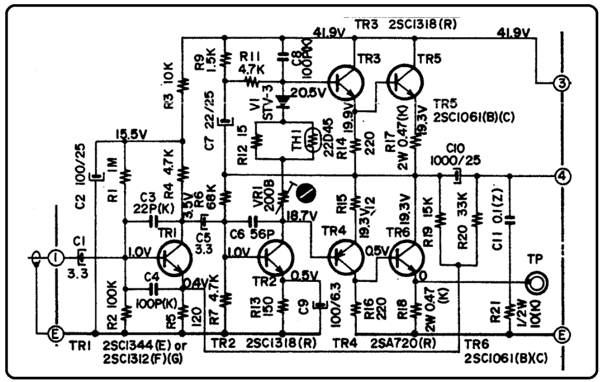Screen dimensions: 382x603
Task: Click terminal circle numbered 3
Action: pos(562,84)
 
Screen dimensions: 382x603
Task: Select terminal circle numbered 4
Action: pos(562,175)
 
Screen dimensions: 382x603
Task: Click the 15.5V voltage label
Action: pos(131,135)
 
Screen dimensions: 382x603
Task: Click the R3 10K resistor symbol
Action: pos(183,82)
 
